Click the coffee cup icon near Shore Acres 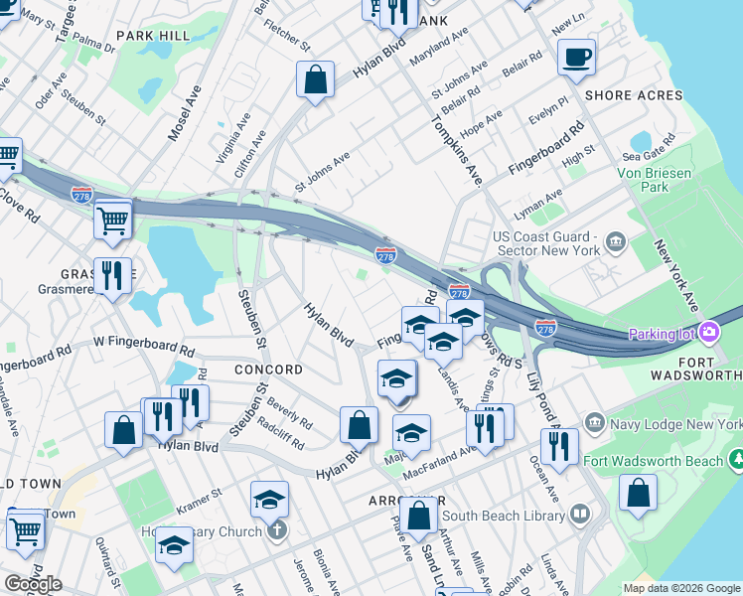pos(576,57)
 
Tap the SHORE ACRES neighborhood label pos(634,95)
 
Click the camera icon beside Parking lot pos(709,332)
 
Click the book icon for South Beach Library pos(579,515)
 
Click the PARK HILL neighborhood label pos(152,36)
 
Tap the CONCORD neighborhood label pos(267,370)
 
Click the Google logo pos(33,583)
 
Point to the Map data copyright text pos(680,588)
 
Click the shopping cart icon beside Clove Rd pos(112,219)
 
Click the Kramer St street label pos(199,509)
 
